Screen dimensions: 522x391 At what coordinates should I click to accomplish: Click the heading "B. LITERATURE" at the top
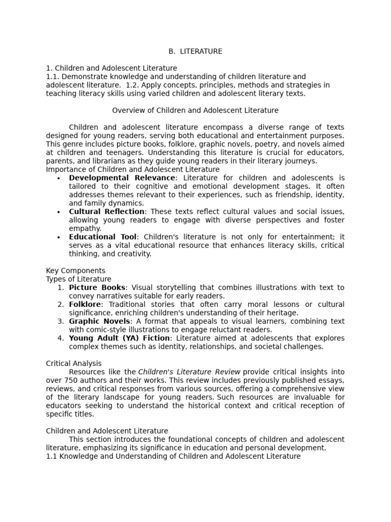coord(195,51)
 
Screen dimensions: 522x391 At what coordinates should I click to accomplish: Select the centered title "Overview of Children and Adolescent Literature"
coord(195,110)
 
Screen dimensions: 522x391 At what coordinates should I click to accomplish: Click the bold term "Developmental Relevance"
coord(122,178)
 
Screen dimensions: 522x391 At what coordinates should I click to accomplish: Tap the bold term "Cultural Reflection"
coord(107,212)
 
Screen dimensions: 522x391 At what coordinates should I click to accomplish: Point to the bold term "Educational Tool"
coord(103,237)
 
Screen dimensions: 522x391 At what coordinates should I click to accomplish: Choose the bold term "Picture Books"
coord(97,288)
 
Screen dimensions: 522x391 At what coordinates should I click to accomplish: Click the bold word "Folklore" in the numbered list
coord(85,304)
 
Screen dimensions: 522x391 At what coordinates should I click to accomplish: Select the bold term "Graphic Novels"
coord(100,321)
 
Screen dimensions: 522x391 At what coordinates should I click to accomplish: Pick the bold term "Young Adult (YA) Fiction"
coord(120,338)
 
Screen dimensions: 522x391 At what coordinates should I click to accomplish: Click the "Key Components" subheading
coord(75,271)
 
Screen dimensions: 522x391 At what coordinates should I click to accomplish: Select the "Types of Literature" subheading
coord(78,279)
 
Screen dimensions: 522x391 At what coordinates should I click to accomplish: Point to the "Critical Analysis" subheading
coord(74,363)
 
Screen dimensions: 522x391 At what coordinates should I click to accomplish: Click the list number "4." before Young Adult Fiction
coord(61,338)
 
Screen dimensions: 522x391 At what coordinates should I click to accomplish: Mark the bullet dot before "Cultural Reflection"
coord(59,212)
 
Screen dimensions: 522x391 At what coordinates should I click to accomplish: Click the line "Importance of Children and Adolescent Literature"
coord(133,169)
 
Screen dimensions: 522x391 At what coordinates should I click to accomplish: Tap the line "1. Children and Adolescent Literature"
coord(111,68)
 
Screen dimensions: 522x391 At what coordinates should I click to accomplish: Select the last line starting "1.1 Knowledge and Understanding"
coord(173,456)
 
